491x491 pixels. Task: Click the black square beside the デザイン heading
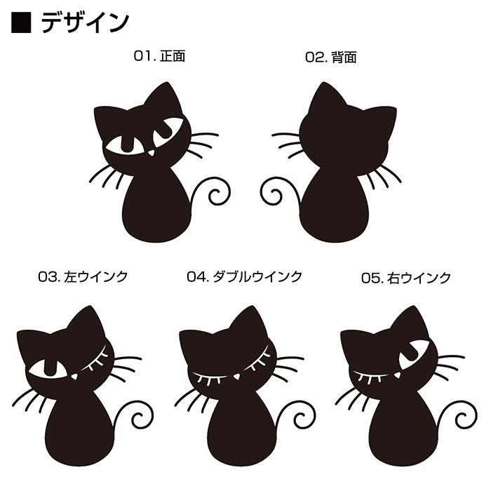(21, 22)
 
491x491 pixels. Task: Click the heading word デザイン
(85, 22)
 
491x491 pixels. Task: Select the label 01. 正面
(159, 56)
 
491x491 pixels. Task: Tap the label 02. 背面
(331, 58)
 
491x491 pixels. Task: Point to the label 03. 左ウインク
(83, 277)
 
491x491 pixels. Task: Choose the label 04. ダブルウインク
(245, 277)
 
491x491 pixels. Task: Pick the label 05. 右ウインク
(406, 278)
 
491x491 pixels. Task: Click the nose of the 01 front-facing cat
(152, 152)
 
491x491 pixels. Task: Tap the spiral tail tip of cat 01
(215, 195)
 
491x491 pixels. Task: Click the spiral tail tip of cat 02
(276, 195)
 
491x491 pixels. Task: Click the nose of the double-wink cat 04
(237, 376)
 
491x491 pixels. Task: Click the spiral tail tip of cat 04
(301, 419)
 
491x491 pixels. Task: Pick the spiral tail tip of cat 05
(462, 419)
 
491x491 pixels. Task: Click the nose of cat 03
(74, 376)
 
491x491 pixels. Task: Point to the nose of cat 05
(398, 375)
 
